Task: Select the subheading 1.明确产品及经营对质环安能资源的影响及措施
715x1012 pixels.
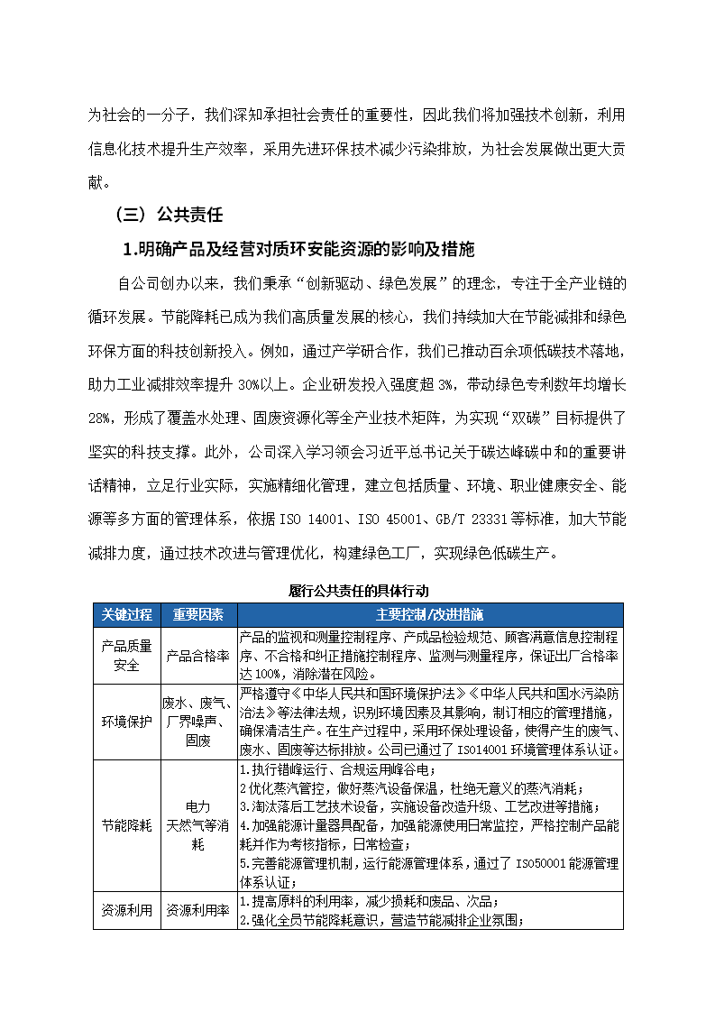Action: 298,249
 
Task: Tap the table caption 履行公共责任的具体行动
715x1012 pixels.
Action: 358,591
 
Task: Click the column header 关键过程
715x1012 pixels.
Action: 126,614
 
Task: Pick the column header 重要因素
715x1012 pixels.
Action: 198,614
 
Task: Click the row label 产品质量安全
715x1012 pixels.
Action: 126,656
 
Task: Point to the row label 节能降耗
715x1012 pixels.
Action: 126,825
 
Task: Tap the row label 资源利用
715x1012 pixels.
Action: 126,911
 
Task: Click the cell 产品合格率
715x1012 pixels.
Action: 198,656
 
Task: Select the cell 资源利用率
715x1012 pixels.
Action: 198,911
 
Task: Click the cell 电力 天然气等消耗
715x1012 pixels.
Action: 198,825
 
